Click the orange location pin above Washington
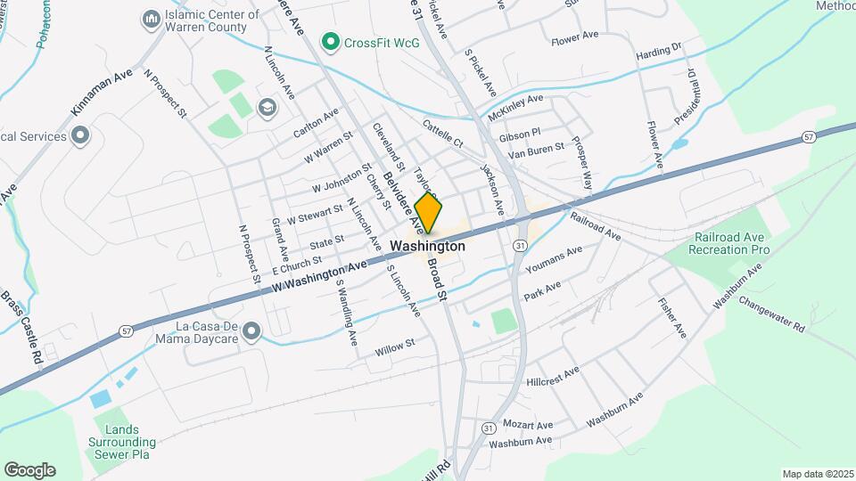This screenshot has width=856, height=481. pos(429,212)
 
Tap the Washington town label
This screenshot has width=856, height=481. pos(428,246)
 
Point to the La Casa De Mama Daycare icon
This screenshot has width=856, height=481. pos(251,332)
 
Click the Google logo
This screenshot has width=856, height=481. pos(29,469)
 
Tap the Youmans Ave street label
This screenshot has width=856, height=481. pos(554,257)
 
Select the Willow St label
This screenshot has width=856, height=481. pos(395,347)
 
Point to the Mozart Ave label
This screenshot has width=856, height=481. pos(528,424)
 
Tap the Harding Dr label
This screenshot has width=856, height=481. pos(659,53)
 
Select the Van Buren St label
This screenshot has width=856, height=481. pos(536,151)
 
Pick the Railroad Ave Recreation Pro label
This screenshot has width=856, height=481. pos(729,243)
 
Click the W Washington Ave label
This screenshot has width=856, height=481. pos(320,275)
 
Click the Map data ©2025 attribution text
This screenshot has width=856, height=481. pos(817,474)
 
